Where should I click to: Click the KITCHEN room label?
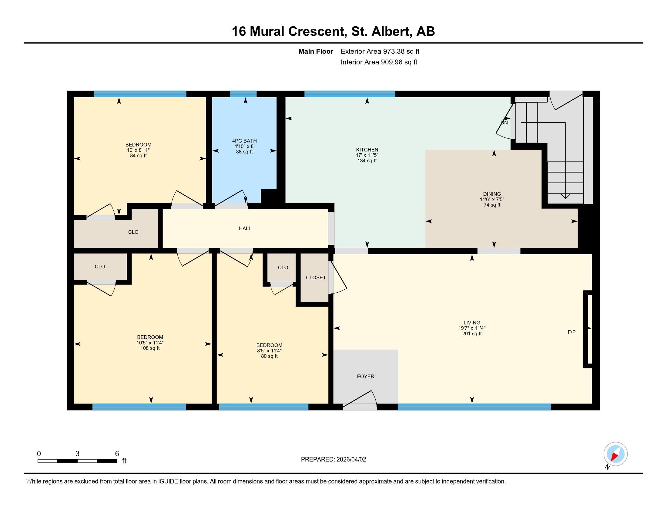pos(367,150)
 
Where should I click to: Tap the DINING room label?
pos(492,194)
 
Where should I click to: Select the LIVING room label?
pos(472,323)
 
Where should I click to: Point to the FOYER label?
pos(366,377)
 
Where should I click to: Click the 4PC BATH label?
pos(244,141)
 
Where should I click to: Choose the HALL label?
pos(245,228)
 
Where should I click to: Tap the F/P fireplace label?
pos(572,332)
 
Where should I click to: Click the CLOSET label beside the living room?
pos(316,277)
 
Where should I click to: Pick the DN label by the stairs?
pos(504,123)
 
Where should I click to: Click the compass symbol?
pos(615,454)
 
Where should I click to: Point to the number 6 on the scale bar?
pos(117,454)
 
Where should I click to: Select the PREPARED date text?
pos(333,460)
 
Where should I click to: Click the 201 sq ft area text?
pos(472,334)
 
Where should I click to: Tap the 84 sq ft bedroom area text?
pos(138,156)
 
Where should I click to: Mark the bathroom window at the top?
pos(243,94)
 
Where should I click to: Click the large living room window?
pos(474,407)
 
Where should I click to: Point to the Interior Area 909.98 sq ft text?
pos(379,62)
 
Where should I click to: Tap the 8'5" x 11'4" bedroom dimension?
pos(269,351)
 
